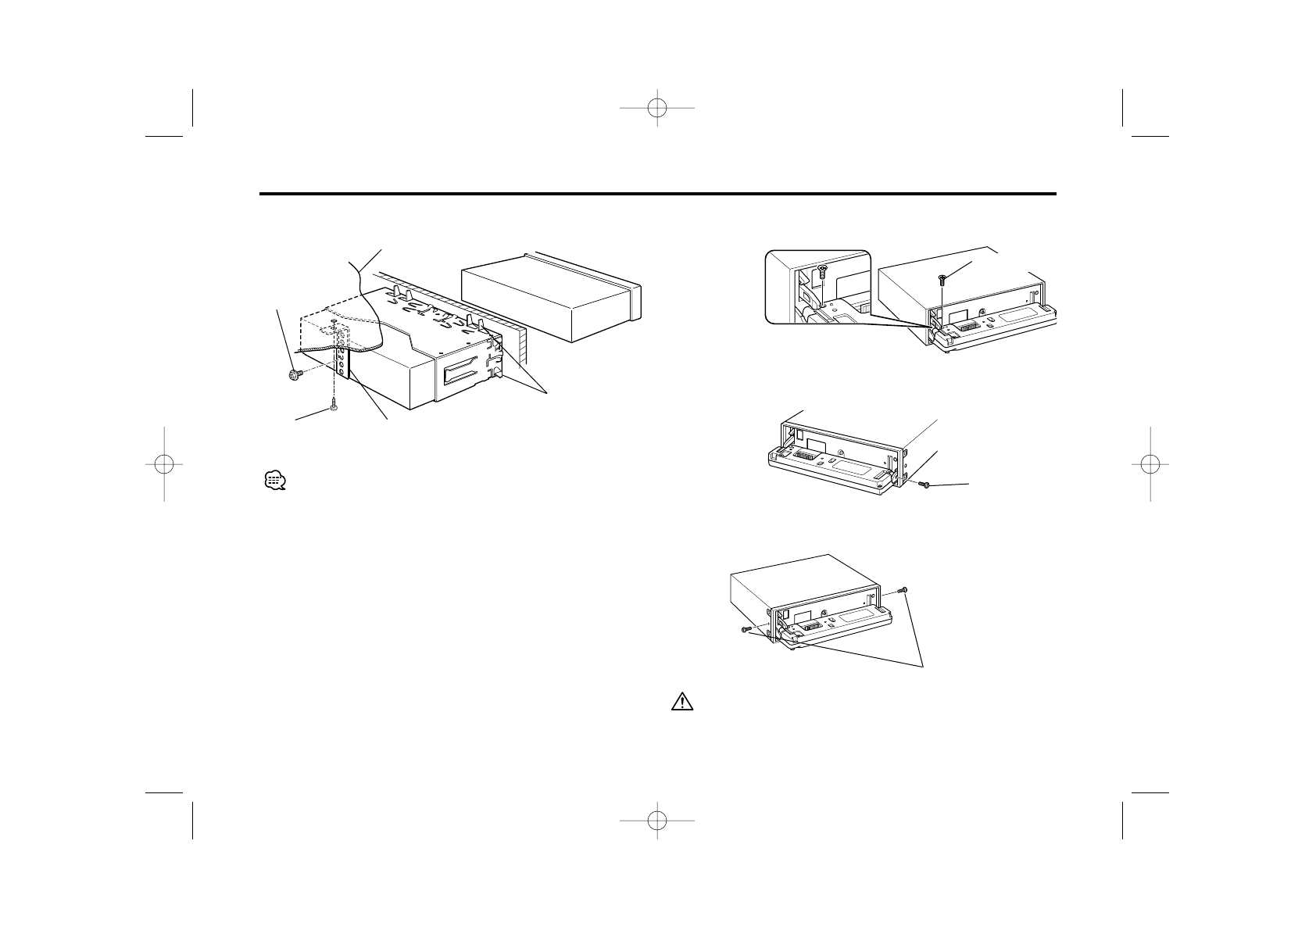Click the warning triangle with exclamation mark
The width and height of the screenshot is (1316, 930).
pyautogui.click(x=682, y=702)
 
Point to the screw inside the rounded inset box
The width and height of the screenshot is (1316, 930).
pyautogui.click(x=822, y=271)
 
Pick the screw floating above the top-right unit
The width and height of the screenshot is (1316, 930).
pyautogui.click(x=943, y=278)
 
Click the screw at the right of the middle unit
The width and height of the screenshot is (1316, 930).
pyautogui.click(x=926, y=485)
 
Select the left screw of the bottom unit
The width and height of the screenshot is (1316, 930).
pyautogui.click(x=745, y=628)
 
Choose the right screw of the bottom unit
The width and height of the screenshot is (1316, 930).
pyautogui.click(x=903, y=588)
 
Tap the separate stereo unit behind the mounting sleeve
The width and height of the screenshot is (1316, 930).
pyautogui.click(x=551, y=297)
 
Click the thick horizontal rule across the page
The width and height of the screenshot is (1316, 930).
pyautogui.click(x=658, y=194)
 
